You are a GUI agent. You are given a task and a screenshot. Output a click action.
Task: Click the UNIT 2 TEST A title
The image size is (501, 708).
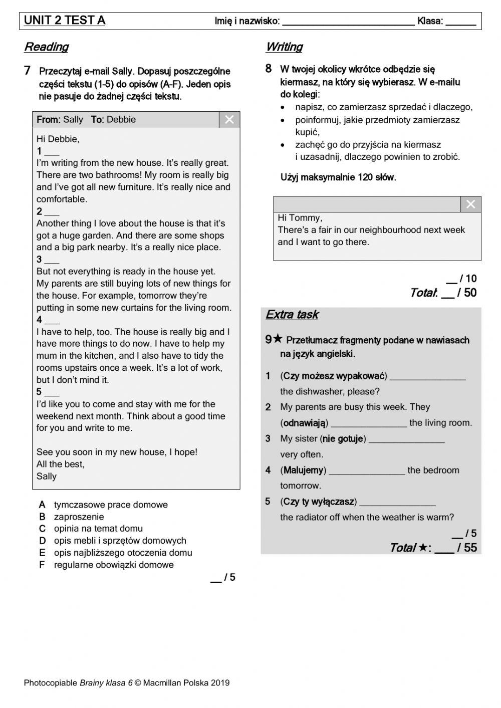coord(65,21)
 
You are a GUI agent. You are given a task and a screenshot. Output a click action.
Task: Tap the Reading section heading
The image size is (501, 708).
coord(46,47)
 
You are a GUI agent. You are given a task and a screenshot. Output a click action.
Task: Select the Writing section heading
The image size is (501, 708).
coord(284,47)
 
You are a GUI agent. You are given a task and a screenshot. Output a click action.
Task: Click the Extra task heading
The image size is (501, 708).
coord(292,315)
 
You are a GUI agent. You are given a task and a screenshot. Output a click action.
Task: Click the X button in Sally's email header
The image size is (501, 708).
coord(229,120)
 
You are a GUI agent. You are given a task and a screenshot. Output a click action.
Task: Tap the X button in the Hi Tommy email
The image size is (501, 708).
coord(470,204)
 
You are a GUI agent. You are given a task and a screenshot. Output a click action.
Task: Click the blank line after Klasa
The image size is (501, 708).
coord(460,22)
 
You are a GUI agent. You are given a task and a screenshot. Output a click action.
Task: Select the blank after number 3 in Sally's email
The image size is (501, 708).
coord(52,261)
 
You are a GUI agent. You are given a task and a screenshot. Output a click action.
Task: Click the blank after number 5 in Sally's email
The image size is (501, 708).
coord(52,393)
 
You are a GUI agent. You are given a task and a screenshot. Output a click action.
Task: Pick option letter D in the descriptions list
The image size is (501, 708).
coord(43,541)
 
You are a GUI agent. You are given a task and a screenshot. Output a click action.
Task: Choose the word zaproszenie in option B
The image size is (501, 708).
coord(79,517)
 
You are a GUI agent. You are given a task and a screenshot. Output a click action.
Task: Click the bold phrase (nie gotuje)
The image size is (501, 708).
coord(343,439)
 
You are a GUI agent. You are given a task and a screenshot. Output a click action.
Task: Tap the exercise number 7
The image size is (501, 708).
coord(28,71)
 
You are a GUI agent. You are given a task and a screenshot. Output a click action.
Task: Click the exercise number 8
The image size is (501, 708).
coord(269,69)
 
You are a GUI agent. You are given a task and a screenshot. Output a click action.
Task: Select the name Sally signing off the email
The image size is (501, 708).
coord(47,477)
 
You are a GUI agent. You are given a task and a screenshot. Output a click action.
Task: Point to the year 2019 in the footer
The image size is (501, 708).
coord(220,682)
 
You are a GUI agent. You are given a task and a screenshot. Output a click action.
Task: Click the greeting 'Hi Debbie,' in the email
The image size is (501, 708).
coord(58,139)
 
